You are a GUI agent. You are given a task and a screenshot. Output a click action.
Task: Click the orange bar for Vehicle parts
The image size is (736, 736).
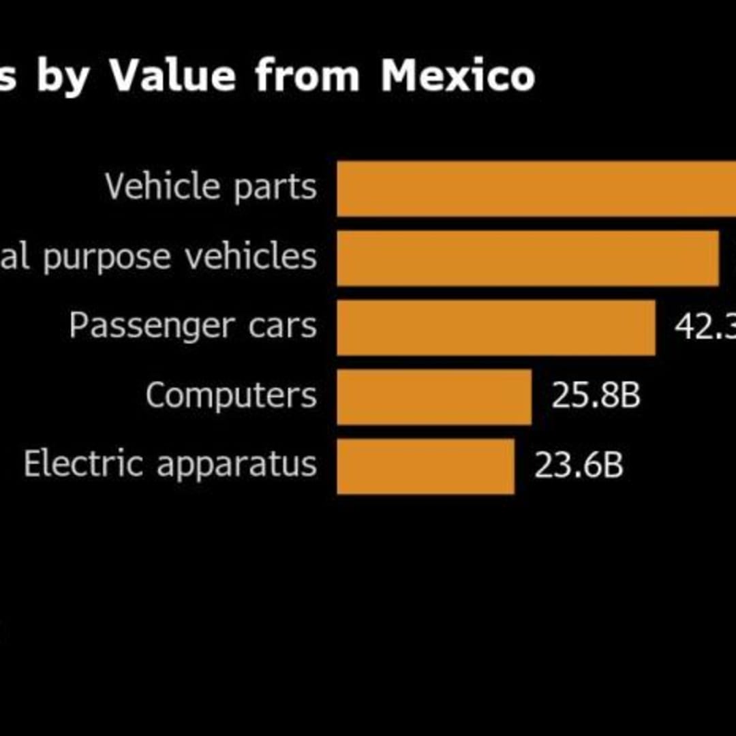point(536,189)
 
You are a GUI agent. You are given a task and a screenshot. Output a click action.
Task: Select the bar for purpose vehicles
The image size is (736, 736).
point(528,258)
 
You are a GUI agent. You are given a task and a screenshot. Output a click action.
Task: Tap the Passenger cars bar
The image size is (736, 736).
point(496,328)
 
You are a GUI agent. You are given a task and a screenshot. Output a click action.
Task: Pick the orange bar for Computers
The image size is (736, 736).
point(434,397)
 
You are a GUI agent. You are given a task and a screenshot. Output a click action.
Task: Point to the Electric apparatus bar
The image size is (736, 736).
point(426,466)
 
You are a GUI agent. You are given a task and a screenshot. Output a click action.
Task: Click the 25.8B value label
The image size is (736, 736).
point(596,396)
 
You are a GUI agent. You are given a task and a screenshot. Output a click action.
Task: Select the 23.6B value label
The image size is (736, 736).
point(579,465)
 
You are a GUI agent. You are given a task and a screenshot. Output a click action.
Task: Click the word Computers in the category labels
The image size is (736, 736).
point(231,395)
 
